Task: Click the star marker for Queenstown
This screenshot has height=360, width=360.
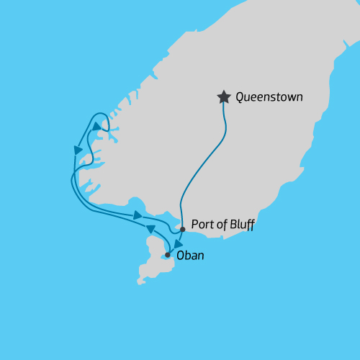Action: [224, 96]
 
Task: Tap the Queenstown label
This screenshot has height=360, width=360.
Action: [269, 96]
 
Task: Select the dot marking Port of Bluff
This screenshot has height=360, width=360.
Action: [183, 229]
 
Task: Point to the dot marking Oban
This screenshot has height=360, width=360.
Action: [167, 255]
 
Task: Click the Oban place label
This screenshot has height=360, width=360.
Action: [189, 254]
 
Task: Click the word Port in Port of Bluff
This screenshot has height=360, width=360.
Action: [203, 225]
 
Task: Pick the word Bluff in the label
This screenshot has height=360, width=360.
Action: [241, 225]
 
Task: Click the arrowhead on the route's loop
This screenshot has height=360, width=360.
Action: [96, 125]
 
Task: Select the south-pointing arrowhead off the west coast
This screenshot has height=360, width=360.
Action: [78, 150]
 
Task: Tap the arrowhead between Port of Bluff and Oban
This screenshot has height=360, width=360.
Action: [177, 243]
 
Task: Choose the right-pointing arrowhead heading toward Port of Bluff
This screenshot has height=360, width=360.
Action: [138, 215]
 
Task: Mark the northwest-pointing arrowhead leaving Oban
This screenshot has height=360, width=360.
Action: [150, 228]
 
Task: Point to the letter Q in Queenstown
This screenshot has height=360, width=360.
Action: [240, 96]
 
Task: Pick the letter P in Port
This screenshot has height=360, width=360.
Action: [195, 225]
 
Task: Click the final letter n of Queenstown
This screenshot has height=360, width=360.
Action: [299, 97]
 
